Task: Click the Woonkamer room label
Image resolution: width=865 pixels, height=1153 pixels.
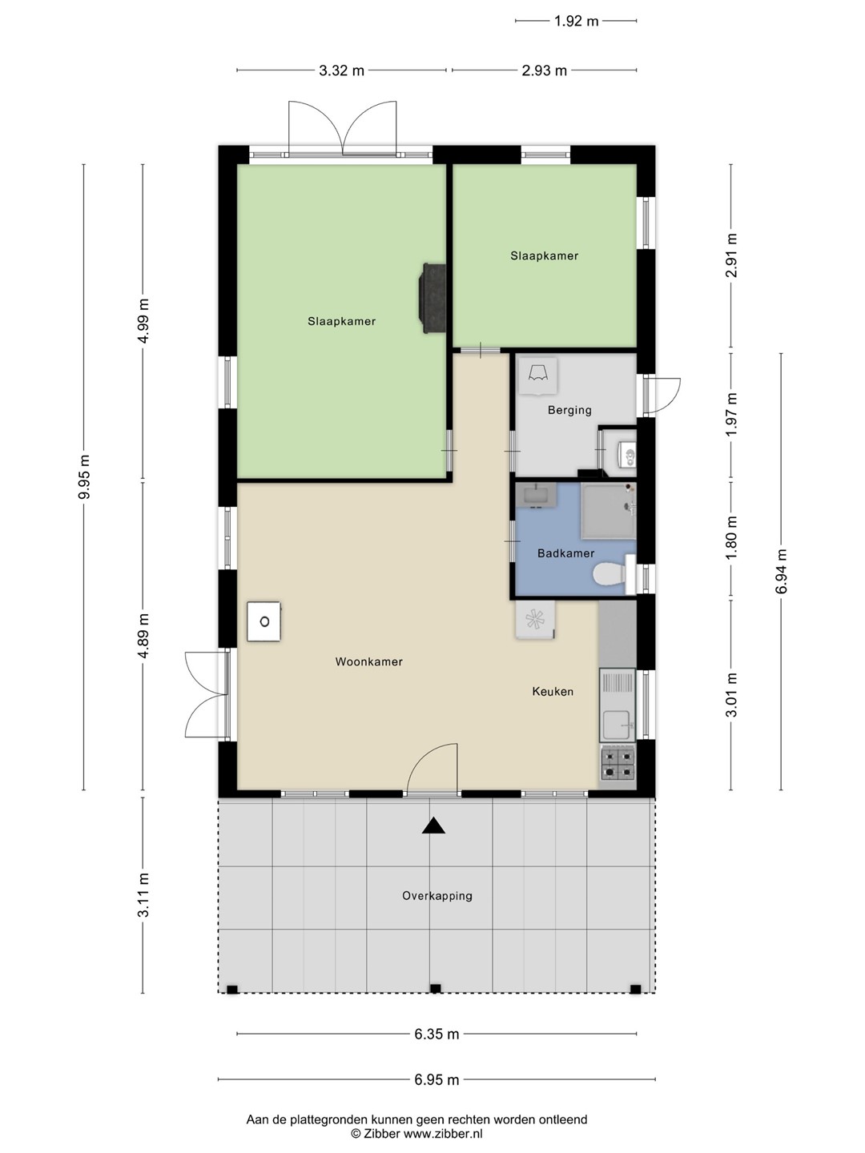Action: coord(368,662)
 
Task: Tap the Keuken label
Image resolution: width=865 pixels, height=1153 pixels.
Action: coord(553,691)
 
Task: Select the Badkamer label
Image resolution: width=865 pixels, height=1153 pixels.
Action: coord(565,553)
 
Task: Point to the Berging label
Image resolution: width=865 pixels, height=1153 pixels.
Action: coord(569,410)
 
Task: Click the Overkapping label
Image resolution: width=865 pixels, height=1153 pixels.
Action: coord(437,896)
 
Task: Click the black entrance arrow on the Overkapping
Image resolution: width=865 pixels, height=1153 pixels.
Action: coord(433,826)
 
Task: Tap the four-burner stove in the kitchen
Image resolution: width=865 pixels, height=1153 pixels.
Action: coord(618,764)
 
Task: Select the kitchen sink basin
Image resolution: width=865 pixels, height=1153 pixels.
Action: coord(617,725)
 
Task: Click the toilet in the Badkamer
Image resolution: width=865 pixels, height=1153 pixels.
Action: coord(614,574)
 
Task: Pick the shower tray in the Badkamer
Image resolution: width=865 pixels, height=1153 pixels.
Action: coord(608,511)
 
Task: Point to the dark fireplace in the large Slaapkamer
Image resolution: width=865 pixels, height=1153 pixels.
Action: coord(432,298)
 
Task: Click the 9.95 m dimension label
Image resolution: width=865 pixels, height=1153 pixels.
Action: coord(85,477)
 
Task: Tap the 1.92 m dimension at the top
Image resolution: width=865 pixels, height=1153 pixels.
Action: coord(576,21)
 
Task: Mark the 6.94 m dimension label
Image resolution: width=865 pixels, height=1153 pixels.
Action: coord(782,572)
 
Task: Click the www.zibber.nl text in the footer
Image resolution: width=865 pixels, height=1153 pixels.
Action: coord(443,1134)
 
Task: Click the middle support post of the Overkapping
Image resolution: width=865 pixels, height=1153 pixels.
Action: coord(435,989)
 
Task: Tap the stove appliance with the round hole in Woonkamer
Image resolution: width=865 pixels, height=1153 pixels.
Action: coord(264,621)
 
